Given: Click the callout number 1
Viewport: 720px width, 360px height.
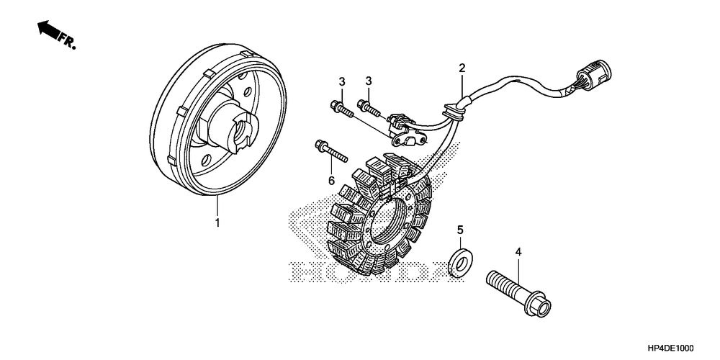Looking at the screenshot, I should click(x=217, y=224).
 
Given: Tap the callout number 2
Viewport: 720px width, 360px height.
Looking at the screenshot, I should click(x=462, y=68).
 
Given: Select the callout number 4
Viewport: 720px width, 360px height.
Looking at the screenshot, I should click(x=517, y=252).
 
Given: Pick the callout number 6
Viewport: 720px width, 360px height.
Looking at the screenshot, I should click(x=331, y=181).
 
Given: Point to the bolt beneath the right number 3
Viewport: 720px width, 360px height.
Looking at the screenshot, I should click(x=371, y=109).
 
